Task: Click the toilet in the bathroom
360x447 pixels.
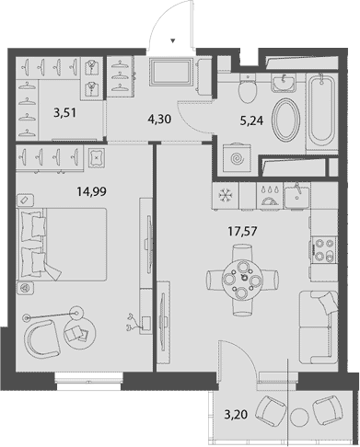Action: click(x=246, y=90)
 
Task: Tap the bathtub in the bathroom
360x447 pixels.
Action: click(x=319, y=112)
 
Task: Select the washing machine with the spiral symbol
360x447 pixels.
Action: click(x=238, y=158)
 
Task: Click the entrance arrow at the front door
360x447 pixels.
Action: click(x=175, y=40)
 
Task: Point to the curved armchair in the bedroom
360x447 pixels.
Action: click(x=46, y=338)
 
